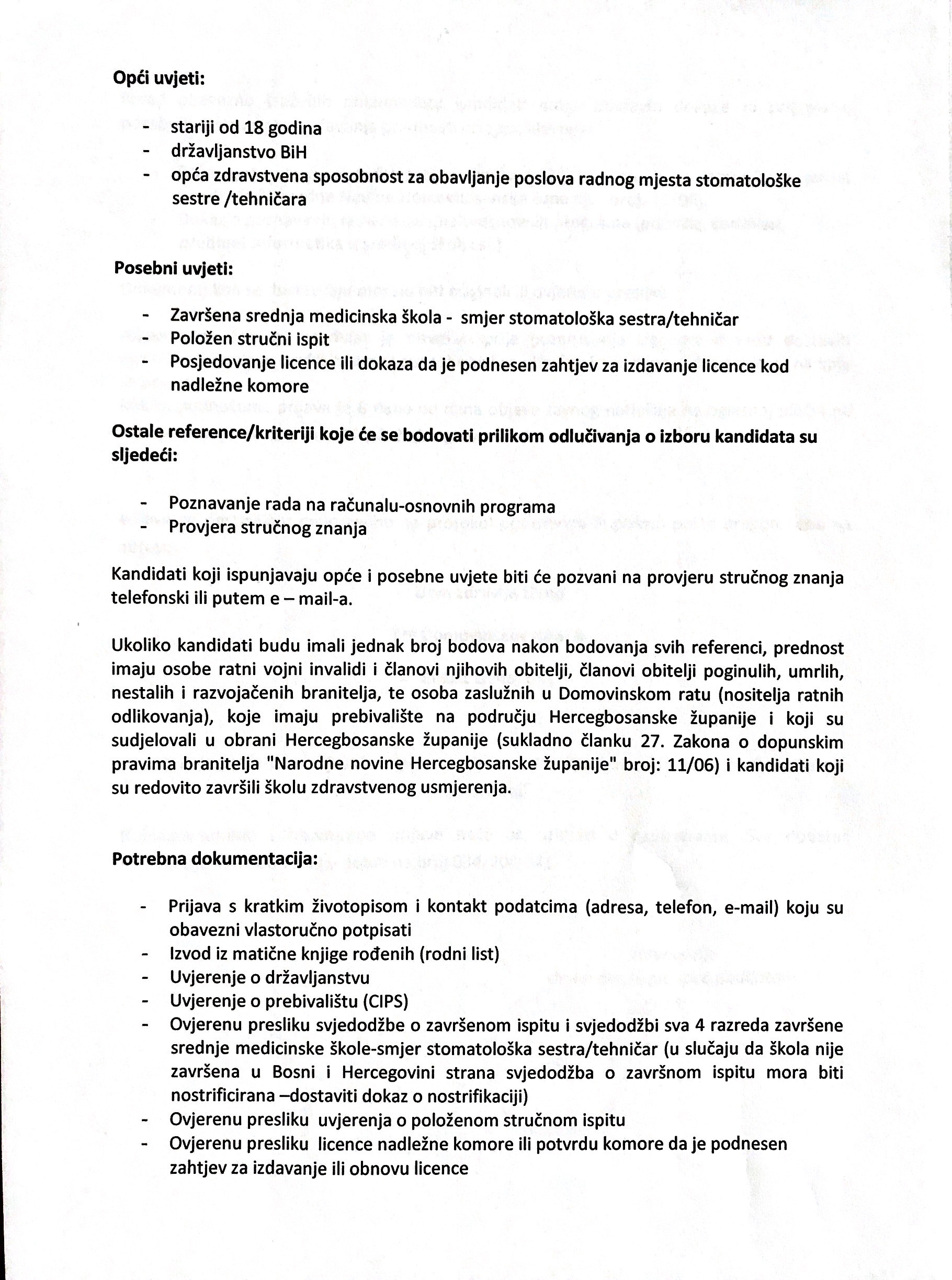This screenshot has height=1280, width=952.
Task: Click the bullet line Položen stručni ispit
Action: click(250, 339)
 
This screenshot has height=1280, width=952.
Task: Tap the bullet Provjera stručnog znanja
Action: click(267, 528)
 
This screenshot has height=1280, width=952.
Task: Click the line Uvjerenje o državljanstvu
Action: click(270, 978)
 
